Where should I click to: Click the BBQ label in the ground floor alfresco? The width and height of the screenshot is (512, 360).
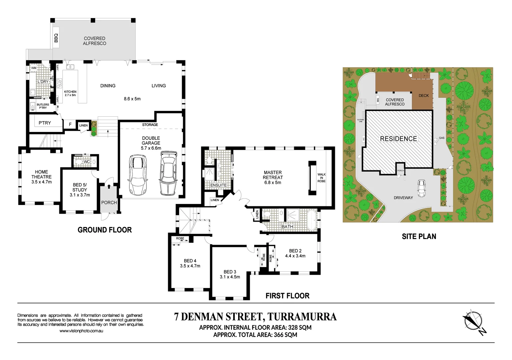coord(56,38)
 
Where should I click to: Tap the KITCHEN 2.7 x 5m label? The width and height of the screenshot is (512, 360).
coord(70,93)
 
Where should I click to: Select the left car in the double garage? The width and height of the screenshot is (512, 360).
coord(138,175)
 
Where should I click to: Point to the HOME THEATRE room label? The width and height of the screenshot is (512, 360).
coord(41,177)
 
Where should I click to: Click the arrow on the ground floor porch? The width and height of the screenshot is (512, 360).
coord(109,186)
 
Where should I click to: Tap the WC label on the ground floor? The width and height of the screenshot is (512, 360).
coord(87,162)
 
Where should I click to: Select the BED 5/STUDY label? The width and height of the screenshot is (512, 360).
coord(80,190)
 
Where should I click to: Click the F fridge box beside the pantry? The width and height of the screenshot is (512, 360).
coord(70,124)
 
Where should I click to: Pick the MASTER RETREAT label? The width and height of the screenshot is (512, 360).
coord(273,177)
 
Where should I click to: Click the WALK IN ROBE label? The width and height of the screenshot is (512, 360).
coord(321,178)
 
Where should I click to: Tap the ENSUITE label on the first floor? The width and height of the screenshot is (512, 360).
coord(218,185)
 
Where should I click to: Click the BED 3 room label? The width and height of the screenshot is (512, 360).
coord(230,274)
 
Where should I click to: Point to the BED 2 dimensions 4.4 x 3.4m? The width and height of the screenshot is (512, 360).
coord(295,256)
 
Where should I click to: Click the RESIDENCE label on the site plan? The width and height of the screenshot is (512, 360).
coord(398,139)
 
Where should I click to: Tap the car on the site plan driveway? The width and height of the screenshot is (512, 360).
coord(422,189)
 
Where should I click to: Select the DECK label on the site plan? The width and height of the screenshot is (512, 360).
coord(424,96)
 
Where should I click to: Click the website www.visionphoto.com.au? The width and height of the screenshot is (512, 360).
coord(81,331)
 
